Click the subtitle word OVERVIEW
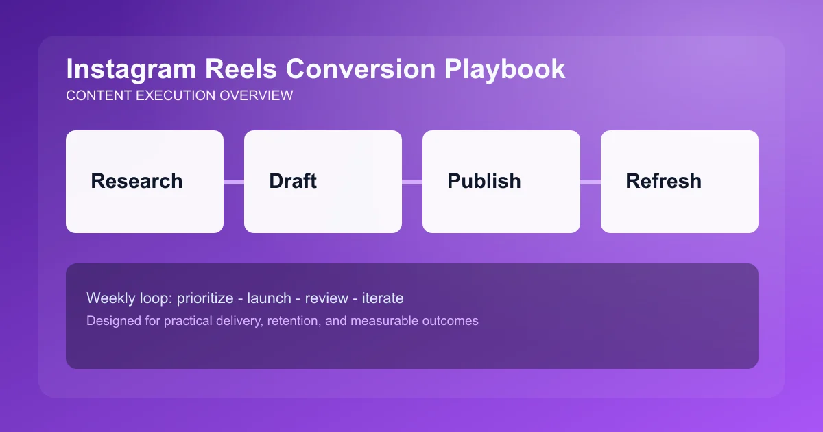tap(256, 96)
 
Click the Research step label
tap(136, 181)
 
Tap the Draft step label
tap(293, 181)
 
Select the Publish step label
tap(484, 181)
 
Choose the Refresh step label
tap(663, 181)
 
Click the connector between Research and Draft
tap(234, 182)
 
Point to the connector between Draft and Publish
tap(412, 182)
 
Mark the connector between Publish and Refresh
tap(591, 182)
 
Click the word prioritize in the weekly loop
tap(204, 298)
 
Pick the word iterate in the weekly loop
tap(384, 298)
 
